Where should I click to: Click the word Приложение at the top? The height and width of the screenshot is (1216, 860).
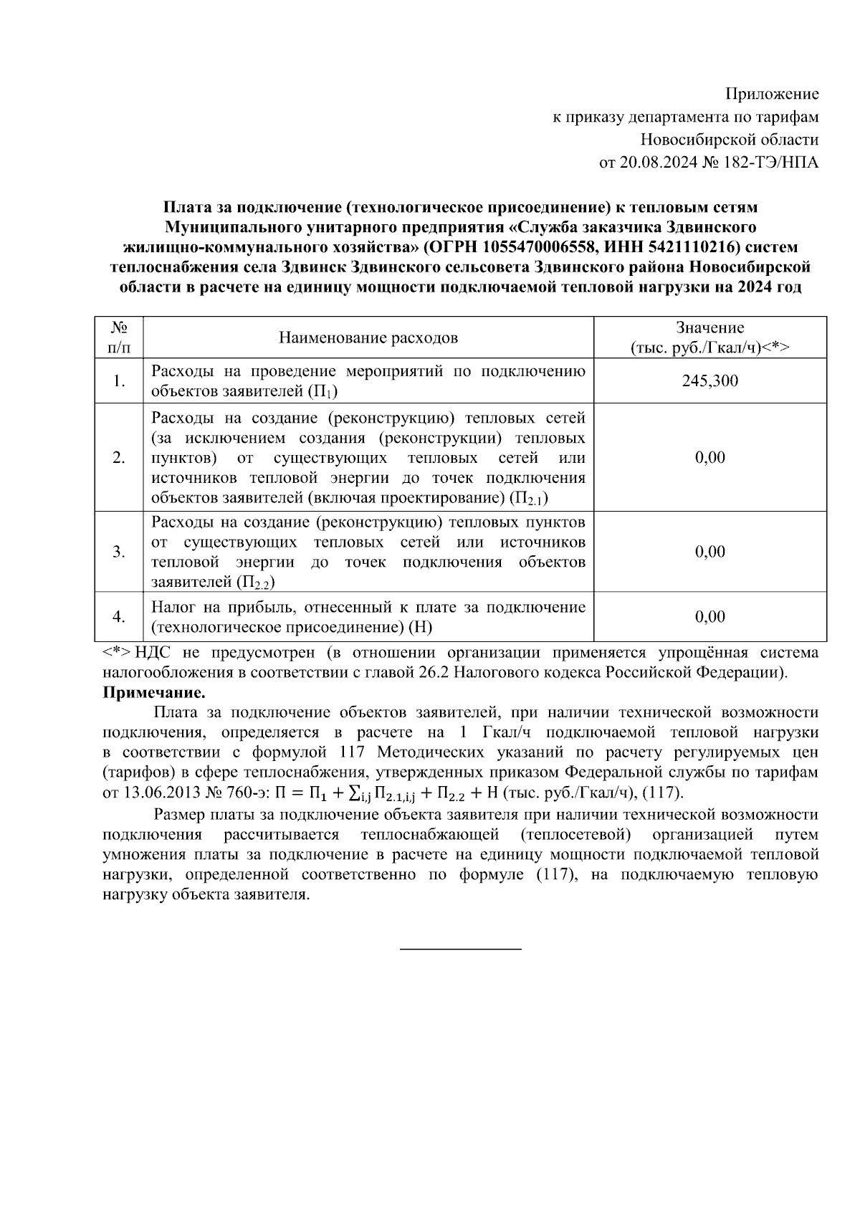point(772,94)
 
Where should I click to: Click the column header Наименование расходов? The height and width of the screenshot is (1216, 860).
point(368,337)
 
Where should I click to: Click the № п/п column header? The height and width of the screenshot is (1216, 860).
point(119,337)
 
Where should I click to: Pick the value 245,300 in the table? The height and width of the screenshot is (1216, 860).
point(709,380)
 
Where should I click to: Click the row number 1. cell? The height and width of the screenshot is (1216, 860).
point(119,380)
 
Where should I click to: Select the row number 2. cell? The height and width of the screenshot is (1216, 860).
point(119,458)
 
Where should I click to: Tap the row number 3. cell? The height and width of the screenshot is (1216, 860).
point(119,552)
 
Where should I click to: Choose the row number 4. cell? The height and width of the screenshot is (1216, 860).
point(119,617)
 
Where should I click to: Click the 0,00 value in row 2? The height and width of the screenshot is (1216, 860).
point(709,458)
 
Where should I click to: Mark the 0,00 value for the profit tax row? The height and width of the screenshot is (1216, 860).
point(709,617)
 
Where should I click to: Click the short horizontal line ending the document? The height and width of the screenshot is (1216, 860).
point(460,950)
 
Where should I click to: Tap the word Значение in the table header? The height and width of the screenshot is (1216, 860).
point(709,328)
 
